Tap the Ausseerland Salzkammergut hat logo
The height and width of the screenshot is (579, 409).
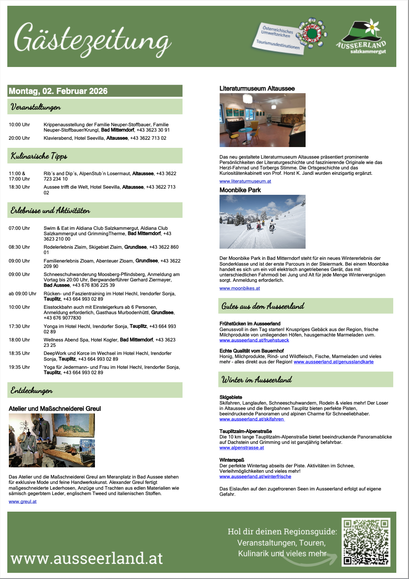click(x=361, y=38)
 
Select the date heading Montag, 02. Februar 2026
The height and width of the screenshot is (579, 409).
click(x=58, y=91)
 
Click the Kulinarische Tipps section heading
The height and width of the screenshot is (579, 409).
click(x=39, y=156)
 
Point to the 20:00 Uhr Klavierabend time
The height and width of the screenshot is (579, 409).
click(x=19, y=138)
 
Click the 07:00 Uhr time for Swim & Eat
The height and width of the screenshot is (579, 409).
click(x=19, y=228)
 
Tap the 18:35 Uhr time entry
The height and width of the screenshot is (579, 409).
click(x=19, y=353)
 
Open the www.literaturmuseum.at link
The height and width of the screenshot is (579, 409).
click(x=245, y=181)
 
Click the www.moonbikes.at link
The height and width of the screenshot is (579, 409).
click(x=239, y=288)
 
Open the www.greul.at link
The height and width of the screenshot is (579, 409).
click(x=23, y=502)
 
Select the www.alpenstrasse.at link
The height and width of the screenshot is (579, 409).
click(x=242, y=448)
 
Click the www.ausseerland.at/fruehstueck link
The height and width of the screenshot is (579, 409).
click(x=254, y=340)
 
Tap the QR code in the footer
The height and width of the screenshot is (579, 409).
click(x=366, y=542)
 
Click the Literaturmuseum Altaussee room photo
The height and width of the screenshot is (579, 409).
click(x=263, y=120)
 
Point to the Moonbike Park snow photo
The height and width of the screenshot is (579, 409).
click(x=263, y=222)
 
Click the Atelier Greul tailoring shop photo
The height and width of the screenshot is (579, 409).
click(x=52, y=440)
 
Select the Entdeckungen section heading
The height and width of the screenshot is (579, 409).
click(x=32, y=391)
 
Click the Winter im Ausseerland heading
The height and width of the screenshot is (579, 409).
click(x=257, y=380)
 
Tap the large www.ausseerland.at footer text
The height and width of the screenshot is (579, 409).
click(x=87, y=558)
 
